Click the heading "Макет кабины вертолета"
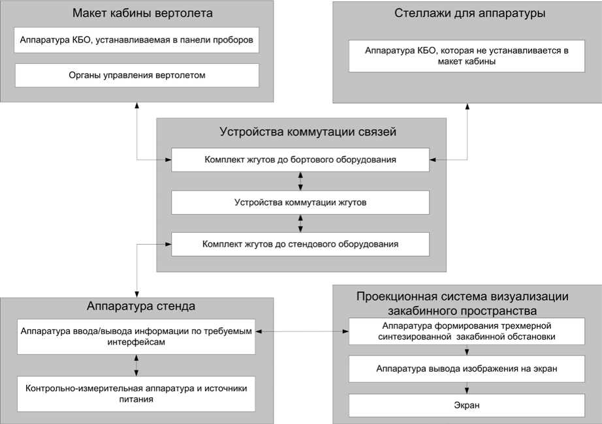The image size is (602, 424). coord(142,13)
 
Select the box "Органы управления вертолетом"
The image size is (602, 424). coord(137,75)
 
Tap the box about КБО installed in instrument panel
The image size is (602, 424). coord(136,40)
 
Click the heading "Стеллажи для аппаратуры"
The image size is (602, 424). coord(469,13)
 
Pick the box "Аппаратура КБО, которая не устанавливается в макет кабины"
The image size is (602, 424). coord(467,56)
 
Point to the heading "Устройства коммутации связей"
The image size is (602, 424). coord(308,132)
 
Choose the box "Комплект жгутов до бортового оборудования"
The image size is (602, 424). coord(300,160)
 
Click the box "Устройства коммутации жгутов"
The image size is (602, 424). coord(300,202)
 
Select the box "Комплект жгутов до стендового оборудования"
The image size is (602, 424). coord(300,244)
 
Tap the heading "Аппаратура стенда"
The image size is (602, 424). coord(141,306)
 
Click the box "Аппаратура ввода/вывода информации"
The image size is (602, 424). coord(136,337)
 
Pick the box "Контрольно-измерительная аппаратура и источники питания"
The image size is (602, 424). coord(136,394)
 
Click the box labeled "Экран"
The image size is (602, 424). coord(467,405)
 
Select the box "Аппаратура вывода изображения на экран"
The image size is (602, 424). coord(467,369)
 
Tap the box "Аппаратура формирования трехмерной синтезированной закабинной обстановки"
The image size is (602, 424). coord(467,331)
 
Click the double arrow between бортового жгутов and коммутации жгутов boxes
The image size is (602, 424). coord(300,181)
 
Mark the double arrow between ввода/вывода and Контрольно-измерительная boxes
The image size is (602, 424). coord(136,365)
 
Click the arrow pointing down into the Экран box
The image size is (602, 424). coord(467,388)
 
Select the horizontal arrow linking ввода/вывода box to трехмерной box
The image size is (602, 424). coord(302,331)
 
